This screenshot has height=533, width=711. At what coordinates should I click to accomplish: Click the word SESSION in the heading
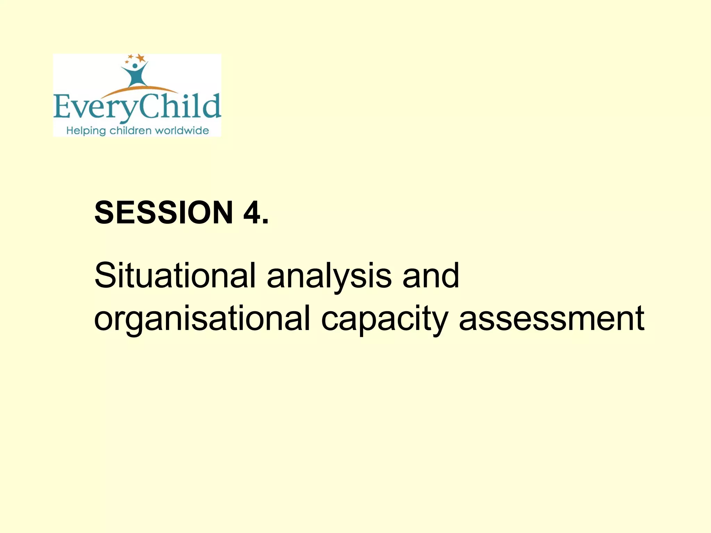[164, 212]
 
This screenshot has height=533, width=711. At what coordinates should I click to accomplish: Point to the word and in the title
[430, 276]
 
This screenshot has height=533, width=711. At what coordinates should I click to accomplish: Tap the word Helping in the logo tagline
[86, 131]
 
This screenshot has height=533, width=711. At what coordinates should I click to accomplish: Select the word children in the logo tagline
[130, 131]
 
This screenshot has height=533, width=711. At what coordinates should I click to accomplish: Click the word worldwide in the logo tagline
[182, 131]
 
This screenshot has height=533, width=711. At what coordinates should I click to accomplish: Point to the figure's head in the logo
[135, 66]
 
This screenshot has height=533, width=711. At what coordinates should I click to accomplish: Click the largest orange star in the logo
[140, 58]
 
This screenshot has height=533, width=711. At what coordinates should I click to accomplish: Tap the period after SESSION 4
[266, 222]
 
